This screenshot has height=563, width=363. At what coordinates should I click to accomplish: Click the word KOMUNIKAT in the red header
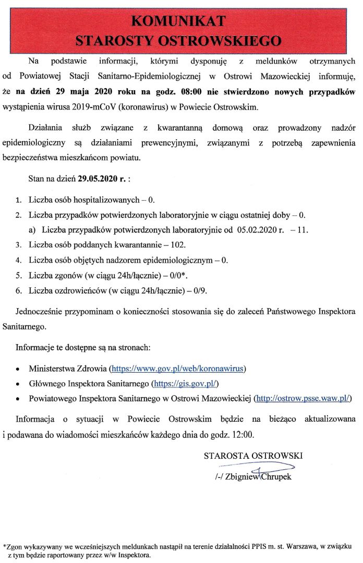pyautogui.click(x=178, y=21)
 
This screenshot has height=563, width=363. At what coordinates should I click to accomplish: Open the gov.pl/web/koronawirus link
pyautogui.click(x=177, y=369)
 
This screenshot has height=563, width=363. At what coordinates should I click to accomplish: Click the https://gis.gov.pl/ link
pyautogui.click(x=185, y=384)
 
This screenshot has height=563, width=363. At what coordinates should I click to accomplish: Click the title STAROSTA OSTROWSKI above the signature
pyautogui.click(x=253, y=456)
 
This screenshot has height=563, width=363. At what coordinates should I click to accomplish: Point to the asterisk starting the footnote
pyautogui.click(x=5, y=547)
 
